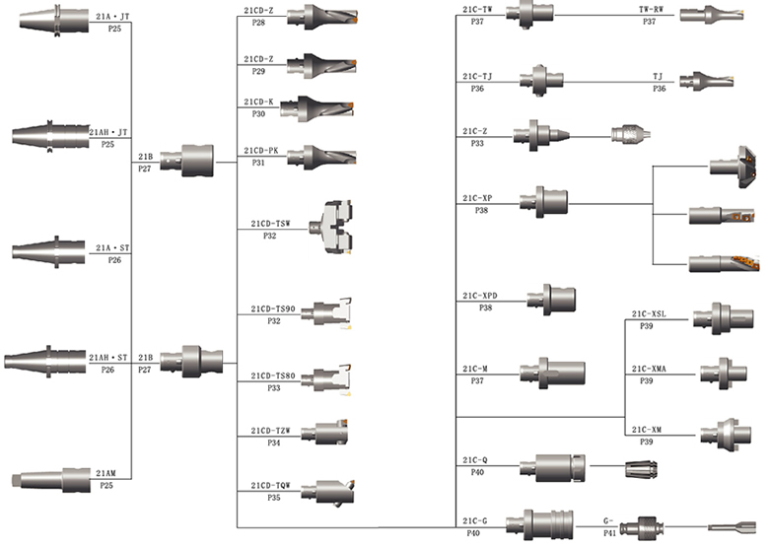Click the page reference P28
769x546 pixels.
(x=258, y=22)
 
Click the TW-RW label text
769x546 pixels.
(x=650, y=9)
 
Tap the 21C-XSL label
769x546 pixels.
(x=649, y=314)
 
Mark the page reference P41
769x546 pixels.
(x=609, y=532)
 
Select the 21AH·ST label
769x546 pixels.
(x=108, y=358)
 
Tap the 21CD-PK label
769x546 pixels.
(x=261, y=150)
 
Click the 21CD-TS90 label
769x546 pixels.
(x=273, y=309)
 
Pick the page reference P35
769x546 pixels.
(x=273, y=499)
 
